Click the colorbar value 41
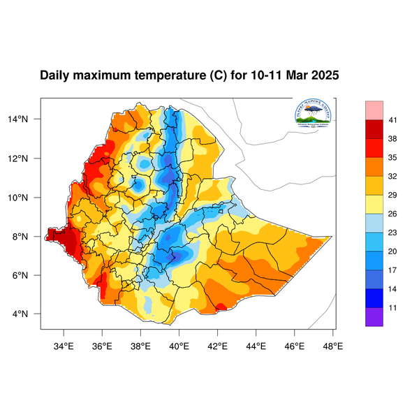pos(392,121)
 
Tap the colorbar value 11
pos(392,307)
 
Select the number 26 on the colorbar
pos(392,214)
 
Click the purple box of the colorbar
pos(374,316)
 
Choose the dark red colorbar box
pos(374,130)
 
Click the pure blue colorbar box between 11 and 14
pos(374,297)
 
